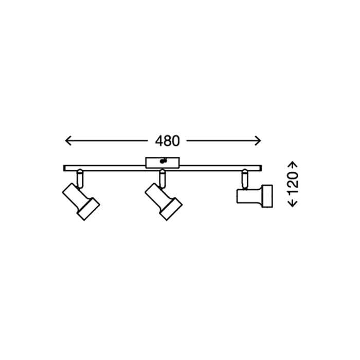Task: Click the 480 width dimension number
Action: (x=167, y=141)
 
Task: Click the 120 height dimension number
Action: (x=293, y=184)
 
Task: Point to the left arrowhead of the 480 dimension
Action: (x=68, y=140)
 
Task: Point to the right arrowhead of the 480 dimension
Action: (x=258, y=140)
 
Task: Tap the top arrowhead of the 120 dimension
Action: (x=293, y=165)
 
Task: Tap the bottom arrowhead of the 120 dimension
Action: (x=293, y=204)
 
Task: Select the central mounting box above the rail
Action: (x=163, y=163)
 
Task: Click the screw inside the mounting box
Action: (x=163, y=161)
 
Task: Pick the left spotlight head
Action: (x=81, y=202)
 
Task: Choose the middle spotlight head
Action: (x=164, y=202)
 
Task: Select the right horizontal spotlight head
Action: (x=255, y=196)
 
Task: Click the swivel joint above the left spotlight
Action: (x=80, y=178)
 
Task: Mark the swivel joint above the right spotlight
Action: (x=245, y=179)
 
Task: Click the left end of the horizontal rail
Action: (x=64, y=168)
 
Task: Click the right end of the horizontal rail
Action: (x=261, y=168)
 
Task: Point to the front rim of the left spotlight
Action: (x=88, y=209)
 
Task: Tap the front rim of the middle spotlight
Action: (x=171, y=209)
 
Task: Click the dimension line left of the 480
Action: (x=107, y=140)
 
